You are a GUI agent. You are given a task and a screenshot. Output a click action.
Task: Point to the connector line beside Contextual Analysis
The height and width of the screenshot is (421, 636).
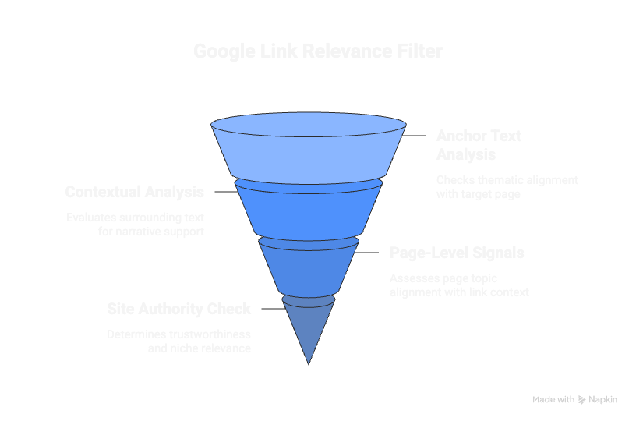click(224, 192)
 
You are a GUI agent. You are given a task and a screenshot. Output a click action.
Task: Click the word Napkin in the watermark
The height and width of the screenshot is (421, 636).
click(602, 399)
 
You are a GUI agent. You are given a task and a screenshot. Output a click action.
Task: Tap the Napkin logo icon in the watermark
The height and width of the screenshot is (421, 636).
click(581, 400)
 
